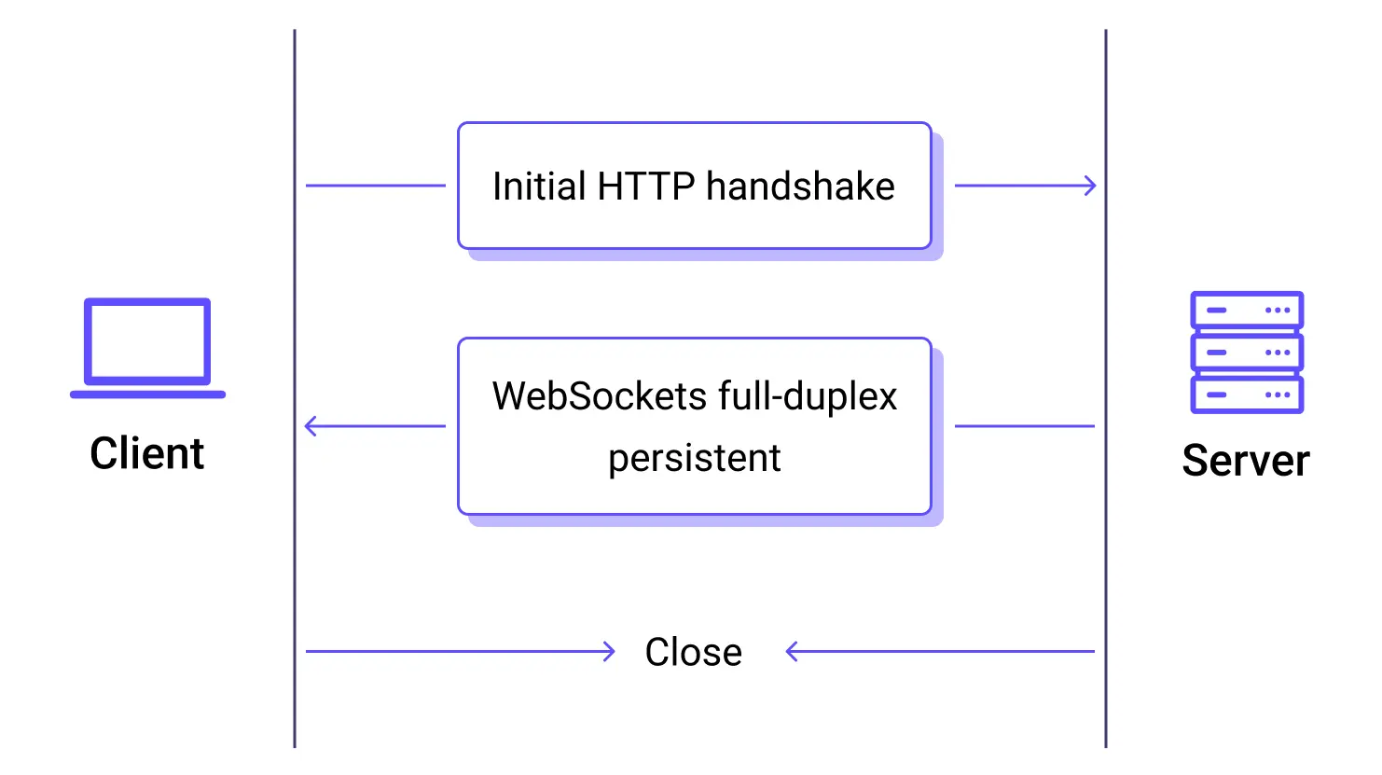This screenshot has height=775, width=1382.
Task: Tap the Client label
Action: tap(147, 454)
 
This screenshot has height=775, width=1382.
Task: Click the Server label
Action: tap(1245, 461)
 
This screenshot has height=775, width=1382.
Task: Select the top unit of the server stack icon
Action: tap(1247, 310)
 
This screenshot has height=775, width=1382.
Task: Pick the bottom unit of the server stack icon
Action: tap(1247, 394)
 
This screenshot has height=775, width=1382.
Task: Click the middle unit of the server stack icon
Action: tap(1247, 353)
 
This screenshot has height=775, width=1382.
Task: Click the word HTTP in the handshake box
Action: tap(645, 187)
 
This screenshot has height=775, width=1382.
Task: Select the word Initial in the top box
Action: tap(539, 187)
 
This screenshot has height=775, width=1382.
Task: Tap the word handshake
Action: tap(800, 187)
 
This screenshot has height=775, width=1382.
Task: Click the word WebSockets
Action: tap(599, 396)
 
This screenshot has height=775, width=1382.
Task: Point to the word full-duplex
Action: tap(807, 396)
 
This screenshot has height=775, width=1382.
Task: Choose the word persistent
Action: tap(695, 458)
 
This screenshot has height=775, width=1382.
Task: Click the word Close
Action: tap(694, 652)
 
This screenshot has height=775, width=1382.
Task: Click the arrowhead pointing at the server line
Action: tap(1090, 186)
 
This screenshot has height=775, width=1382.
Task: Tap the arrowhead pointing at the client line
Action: tap(311, 426)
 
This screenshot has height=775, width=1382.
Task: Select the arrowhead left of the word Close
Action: tap(609, 652)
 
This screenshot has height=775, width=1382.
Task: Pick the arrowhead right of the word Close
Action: tap(793, 652)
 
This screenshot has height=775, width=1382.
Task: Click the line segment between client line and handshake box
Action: tap(376, 186)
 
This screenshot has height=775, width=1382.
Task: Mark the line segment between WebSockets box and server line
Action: tap(1024, 426)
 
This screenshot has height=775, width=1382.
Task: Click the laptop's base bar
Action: tap(147, 394)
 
